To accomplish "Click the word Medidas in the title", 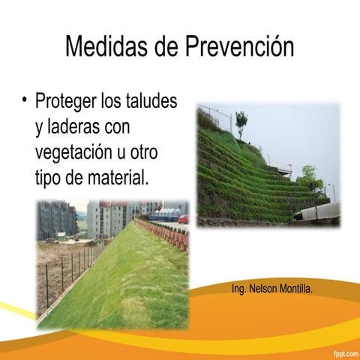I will point(105,46).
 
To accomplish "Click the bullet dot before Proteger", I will point(25,99).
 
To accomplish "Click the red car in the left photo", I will point(182,219).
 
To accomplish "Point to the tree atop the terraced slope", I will point(241,121).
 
